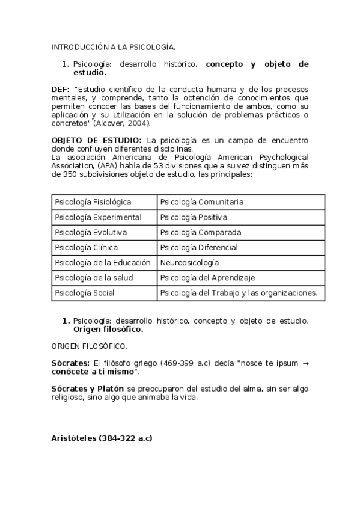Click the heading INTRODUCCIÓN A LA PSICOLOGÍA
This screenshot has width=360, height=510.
(113, 46)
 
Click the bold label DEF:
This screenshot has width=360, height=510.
(61, 89)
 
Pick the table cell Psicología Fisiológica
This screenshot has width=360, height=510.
(93, 202)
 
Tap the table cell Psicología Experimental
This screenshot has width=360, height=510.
(99, 217)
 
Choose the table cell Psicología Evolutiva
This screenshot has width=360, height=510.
(91, 232)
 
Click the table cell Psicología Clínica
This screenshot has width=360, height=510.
(87, 247)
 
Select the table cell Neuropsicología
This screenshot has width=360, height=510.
(190, 263)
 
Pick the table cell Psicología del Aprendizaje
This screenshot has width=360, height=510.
(208, 278)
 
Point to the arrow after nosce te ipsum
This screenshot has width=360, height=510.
(305, 363)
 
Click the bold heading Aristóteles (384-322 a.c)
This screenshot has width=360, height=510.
(102, 438)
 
